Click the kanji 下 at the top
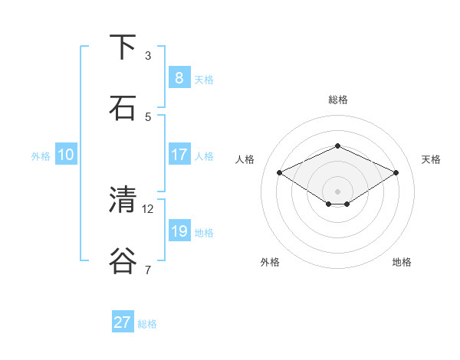pos(123,47)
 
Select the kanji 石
pos(123,108)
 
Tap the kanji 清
pos(123,200)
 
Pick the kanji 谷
pos(123,260)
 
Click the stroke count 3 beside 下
pos(148,56)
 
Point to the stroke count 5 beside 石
pos(148,116)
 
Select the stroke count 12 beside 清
pos(148,208)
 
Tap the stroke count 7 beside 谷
pos(148,269)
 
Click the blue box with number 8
pos(179,78)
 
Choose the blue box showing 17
pos(179,155)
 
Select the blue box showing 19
pos(179,231)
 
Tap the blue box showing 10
pos(66,155)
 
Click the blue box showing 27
pos(123,322)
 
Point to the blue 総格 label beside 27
pos(147,324)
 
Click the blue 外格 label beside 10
pos(41,156)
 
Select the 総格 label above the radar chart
pos(337,100)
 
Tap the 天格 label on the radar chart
pos(431,159)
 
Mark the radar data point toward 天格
pos(396,172)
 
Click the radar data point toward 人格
pos(279,172)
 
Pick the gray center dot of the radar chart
pos(337,191)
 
